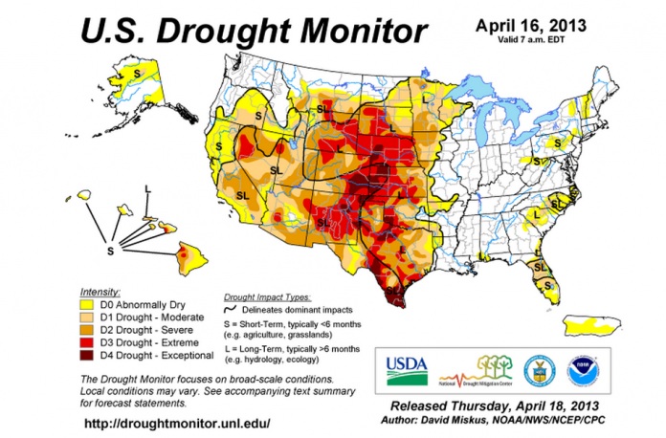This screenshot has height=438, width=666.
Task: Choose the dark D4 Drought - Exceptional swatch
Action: click(x=84, y=356)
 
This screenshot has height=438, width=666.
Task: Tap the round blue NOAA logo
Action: click(x=580, y=367)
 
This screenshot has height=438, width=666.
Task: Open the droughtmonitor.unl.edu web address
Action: click(x=177, y=423)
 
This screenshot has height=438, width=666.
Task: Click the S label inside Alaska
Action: click(x=138, y=73)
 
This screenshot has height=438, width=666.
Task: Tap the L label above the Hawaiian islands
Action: click(x=146, y=189)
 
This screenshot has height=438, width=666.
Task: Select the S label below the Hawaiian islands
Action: click(x=110, y=251)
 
